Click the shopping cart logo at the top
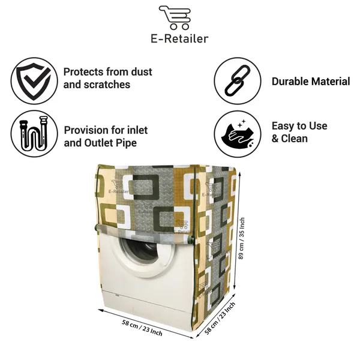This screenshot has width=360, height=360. point(175,17)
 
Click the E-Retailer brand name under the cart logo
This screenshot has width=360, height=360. point(179,38)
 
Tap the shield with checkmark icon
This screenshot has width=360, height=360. point(34,81)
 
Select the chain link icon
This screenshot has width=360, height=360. point(238,81)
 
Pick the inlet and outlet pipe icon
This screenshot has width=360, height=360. point(34,133)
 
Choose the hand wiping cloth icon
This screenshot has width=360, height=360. point(238,134)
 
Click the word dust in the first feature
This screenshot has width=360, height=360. point(142,72)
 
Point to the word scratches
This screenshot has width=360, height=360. point(107,85)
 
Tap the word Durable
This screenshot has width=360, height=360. point(290,82)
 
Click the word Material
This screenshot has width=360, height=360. point(331,82)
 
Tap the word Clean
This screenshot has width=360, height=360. point(295,139)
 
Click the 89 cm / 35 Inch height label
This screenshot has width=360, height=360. point(242,239)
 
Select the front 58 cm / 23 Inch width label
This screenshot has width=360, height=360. point(142,328)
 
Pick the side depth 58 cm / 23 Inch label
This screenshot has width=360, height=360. point(220,318)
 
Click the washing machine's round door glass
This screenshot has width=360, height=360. point(140,249)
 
